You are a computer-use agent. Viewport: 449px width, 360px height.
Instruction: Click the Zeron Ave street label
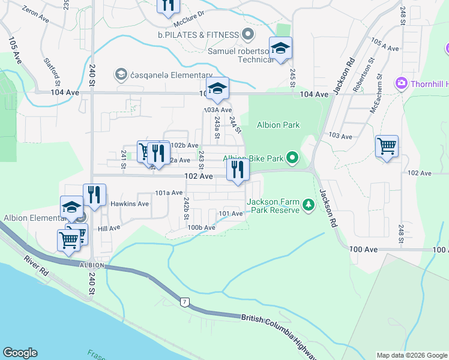pos(35,15)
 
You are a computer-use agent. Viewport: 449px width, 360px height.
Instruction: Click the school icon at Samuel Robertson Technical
pos(280,49)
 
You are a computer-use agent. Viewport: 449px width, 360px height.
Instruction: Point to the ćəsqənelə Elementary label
pos(164,74)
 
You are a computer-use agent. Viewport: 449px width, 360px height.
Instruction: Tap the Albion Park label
pos(278,125)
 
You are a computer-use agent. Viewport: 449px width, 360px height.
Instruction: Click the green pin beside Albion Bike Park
pos(292,158)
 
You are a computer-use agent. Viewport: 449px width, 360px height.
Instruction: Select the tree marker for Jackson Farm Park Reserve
pos(309,205)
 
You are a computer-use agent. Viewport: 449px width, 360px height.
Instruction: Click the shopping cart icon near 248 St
pos(387,146)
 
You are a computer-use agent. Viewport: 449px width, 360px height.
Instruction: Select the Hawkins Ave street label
pos(129,204)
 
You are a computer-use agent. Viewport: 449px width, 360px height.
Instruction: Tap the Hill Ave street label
pos(109,228)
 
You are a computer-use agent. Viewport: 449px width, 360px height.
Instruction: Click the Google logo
pos(20,353)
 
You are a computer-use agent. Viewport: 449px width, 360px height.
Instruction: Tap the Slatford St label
pos(52,68)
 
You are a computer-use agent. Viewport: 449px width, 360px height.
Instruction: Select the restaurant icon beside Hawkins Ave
pos(94,194)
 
